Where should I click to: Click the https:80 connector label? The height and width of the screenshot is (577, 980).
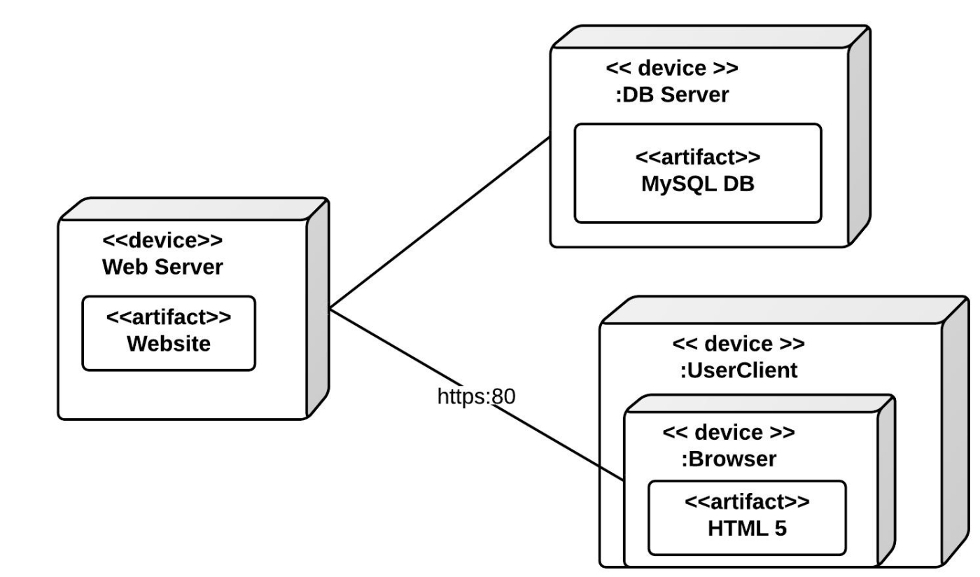pyautogui.click(x=476, y=396)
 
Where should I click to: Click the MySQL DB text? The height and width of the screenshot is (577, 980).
pyautogui.click(x=697, y=186)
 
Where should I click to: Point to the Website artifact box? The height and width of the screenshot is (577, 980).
pyautogui.click(x=169, y=333)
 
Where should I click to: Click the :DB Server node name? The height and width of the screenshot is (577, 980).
pyautogui.click(x=672, y=95)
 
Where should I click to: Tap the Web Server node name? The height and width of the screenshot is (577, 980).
pyautogui.click(x=162, y=267)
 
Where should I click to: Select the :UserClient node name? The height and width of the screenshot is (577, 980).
pyautogui.click(x=738, y=370)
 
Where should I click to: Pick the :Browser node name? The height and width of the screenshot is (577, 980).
pyautogui.click(x=728, y=459)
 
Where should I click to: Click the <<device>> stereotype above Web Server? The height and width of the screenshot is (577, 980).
pyautogui.click(x=162, y=241)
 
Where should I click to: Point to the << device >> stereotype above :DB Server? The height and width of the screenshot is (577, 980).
pyautogui.click(x=672, y=69)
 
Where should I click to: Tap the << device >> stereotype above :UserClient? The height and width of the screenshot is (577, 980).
pyautogui.click(x=738, y=344)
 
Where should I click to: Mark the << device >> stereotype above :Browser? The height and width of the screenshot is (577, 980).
pyautogui.click(x=728, y=433)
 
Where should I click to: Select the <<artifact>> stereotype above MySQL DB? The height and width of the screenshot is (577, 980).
pyautogui.click(x=697, y=156)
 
